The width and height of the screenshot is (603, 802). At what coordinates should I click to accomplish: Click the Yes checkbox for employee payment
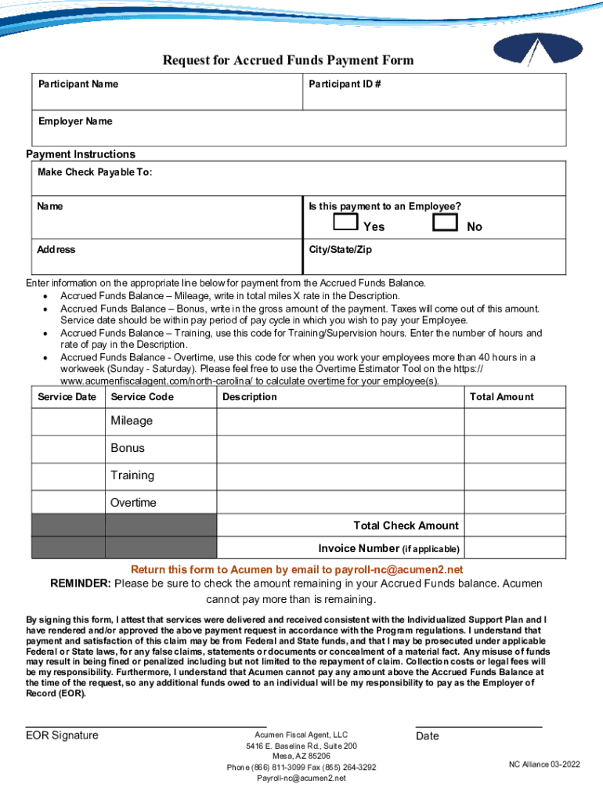tap(345, 222)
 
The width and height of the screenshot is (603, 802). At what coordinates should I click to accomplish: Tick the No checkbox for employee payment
tap(445, 222)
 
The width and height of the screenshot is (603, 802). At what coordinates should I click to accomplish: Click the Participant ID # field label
tap(345, 84)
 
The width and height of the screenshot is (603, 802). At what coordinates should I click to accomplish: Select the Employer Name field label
tap(75, 121)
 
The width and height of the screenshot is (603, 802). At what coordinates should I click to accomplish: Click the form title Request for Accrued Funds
tap(287, 60)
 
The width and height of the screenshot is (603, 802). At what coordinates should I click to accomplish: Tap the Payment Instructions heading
tap(81, 154)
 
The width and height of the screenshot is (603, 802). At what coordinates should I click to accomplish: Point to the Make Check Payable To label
tap(95, 172)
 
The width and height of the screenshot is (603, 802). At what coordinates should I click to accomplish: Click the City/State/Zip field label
tap(340, 249)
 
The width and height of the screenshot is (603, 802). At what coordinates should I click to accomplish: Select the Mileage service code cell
tap(132, 421)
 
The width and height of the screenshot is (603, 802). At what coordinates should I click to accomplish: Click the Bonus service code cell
tap(128, 448)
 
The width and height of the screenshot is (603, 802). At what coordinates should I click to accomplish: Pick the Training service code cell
tap(132, 475)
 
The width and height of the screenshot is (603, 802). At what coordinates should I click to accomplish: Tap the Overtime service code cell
tap(133, 503)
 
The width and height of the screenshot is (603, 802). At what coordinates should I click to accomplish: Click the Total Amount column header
tap(501, 397)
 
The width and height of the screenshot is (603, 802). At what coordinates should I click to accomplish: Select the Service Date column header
tap(67, 397)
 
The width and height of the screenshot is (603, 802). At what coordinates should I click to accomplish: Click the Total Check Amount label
tap(406, 526)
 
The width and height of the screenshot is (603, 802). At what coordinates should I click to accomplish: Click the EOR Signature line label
tap(62, 735)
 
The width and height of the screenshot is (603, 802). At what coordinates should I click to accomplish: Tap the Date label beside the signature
tap(428, 736)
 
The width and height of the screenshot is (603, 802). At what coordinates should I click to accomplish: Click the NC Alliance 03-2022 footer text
tap(544, 764)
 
